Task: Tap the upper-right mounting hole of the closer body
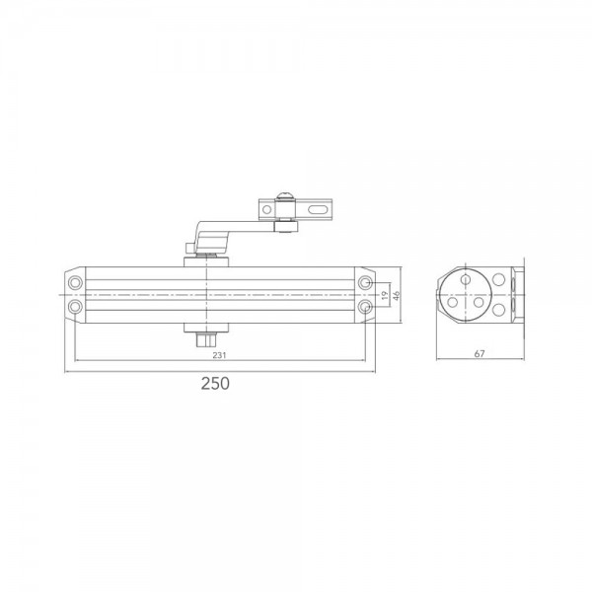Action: pos(366,283)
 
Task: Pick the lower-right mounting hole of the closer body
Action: pos(366,307)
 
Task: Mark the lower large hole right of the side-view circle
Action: pos(499,311)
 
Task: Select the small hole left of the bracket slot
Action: pos(266,210)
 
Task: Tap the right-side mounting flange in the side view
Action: pos(519,295)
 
